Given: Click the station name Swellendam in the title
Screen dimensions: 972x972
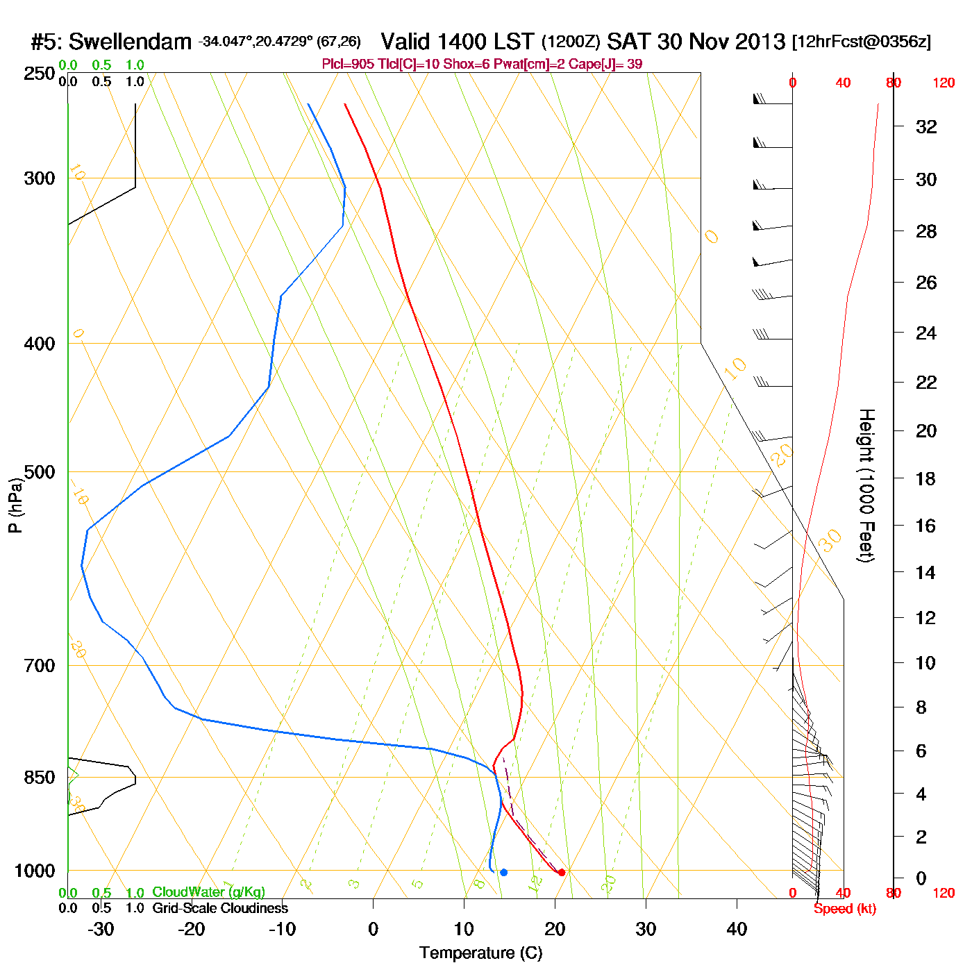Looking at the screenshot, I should tap(130, 42).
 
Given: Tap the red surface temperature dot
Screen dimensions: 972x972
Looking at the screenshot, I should tap(562, 872).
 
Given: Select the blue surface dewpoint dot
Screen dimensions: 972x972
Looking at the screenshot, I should tap(503, 872).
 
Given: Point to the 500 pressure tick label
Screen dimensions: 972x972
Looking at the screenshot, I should tap(40, 472).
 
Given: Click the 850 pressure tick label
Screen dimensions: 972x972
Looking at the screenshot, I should tap(40, 778).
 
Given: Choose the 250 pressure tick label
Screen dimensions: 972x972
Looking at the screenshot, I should tap(40, 74).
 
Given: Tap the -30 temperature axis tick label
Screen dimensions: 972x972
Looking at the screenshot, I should tap(101, 929).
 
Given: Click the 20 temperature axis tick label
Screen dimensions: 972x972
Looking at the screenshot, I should tap(555, 929).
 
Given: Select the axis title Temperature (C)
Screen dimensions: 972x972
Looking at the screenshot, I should tap(480, 953).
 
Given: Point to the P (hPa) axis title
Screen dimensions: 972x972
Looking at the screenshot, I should tap(15, 505).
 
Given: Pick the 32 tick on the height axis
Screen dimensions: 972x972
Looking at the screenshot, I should tap(926, 126).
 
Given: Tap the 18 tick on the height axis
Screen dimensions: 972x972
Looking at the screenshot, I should tap(926, 478).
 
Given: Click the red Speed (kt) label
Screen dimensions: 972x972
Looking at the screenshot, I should tap(845, 909).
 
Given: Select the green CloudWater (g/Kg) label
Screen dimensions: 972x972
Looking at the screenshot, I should tap(208, 892).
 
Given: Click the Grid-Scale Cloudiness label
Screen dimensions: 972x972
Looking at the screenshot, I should tap(220, 908).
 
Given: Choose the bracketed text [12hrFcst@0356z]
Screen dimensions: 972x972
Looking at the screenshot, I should tap(862, 42).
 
